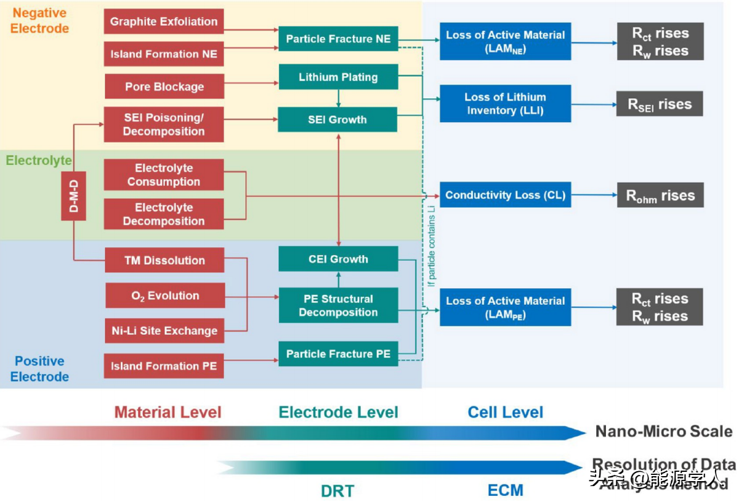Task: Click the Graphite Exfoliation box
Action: click(x=164, y=22)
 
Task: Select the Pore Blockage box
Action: click(x=164, y=86)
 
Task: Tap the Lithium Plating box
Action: click(x=338, y=78)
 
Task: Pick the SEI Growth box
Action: click(x=338, y=119)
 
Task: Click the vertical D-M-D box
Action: click(x=73, y=195)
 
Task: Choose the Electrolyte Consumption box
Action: click(x=164, y=175)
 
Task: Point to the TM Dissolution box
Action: click(x=164, y=261)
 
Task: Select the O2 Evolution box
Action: click(x=164, y=296)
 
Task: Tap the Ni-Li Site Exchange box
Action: click(x=164, y=331)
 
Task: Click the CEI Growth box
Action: click(x=338, y=259)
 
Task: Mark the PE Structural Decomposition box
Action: click(x=338, y=306)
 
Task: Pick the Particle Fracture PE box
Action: click(x=338, y=354)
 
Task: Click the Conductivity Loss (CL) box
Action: click(x=505, y=195)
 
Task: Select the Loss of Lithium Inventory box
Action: click(x=505, y=103)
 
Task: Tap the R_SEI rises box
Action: click(x=660, y=104)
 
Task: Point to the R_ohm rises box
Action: click(x=660, y=196)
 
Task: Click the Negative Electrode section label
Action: click(x=39, y=20)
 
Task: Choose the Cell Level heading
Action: click(x=506, y=412)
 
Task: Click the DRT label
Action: click(x=337, y=491)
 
